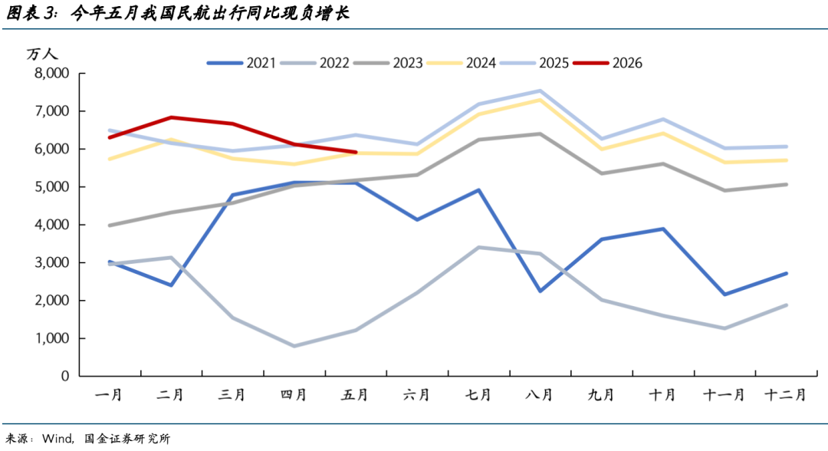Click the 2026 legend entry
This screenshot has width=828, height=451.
608,63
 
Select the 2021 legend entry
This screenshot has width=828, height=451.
242,63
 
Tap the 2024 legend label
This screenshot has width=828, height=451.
481,63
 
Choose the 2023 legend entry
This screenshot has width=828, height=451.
388,63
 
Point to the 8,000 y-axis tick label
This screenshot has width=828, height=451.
52,74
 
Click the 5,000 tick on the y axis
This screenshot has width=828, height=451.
52,187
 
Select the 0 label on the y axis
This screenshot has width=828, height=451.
65,376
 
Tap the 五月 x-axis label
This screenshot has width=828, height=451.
355,394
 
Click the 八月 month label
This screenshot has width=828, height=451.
539,394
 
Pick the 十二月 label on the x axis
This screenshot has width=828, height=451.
786,394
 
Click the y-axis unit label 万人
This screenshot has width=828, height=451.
41,54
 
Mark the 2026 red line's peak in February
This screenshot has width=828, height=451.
171,117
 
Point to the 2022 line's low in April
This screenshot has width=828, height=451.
294,346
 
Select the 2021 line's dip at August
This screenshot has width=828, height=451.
540,291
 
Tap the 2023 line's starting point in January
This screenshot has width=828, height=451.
110,225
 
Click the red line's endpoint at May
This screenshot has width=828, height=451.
356,152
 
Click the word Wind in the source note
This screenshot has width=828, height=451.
57,439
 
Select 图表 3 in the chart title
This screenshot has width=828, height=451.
31,13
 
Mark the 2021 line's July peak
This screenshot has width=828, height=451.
478,189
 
